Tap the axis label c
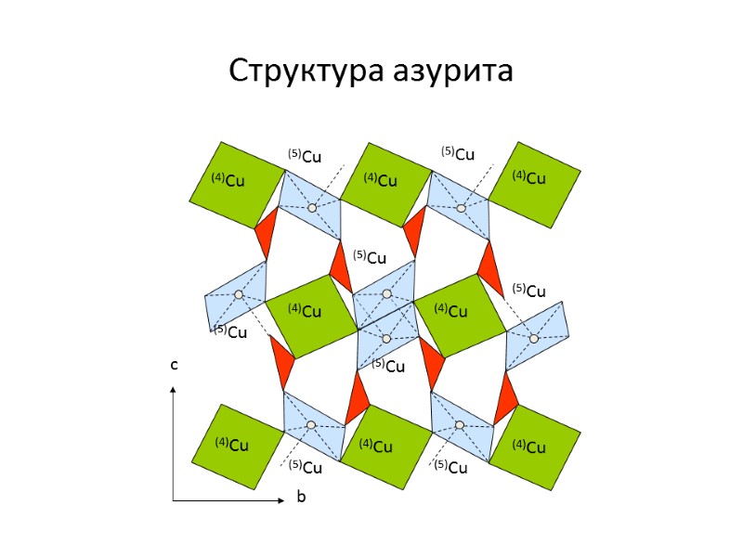pyautogui.click(x=173, y=366)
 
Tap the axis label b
pyautogui.click(x=300, y=498)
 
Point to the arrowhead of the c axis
pyautogui.click(x=173, y=391)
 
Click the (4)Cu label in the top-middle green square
pyautogui.click(x=381, y=180)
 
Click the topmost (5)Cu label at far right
pyautogui.click(x=457, y=153)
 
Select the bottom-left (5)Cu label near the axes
pyautogui.click(x=305, y=466)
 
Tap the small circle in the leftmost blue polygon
pyautogui.click(x=239, y=294)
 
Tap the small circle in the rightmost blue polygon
pyautogui.click(x=534, y=338)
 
